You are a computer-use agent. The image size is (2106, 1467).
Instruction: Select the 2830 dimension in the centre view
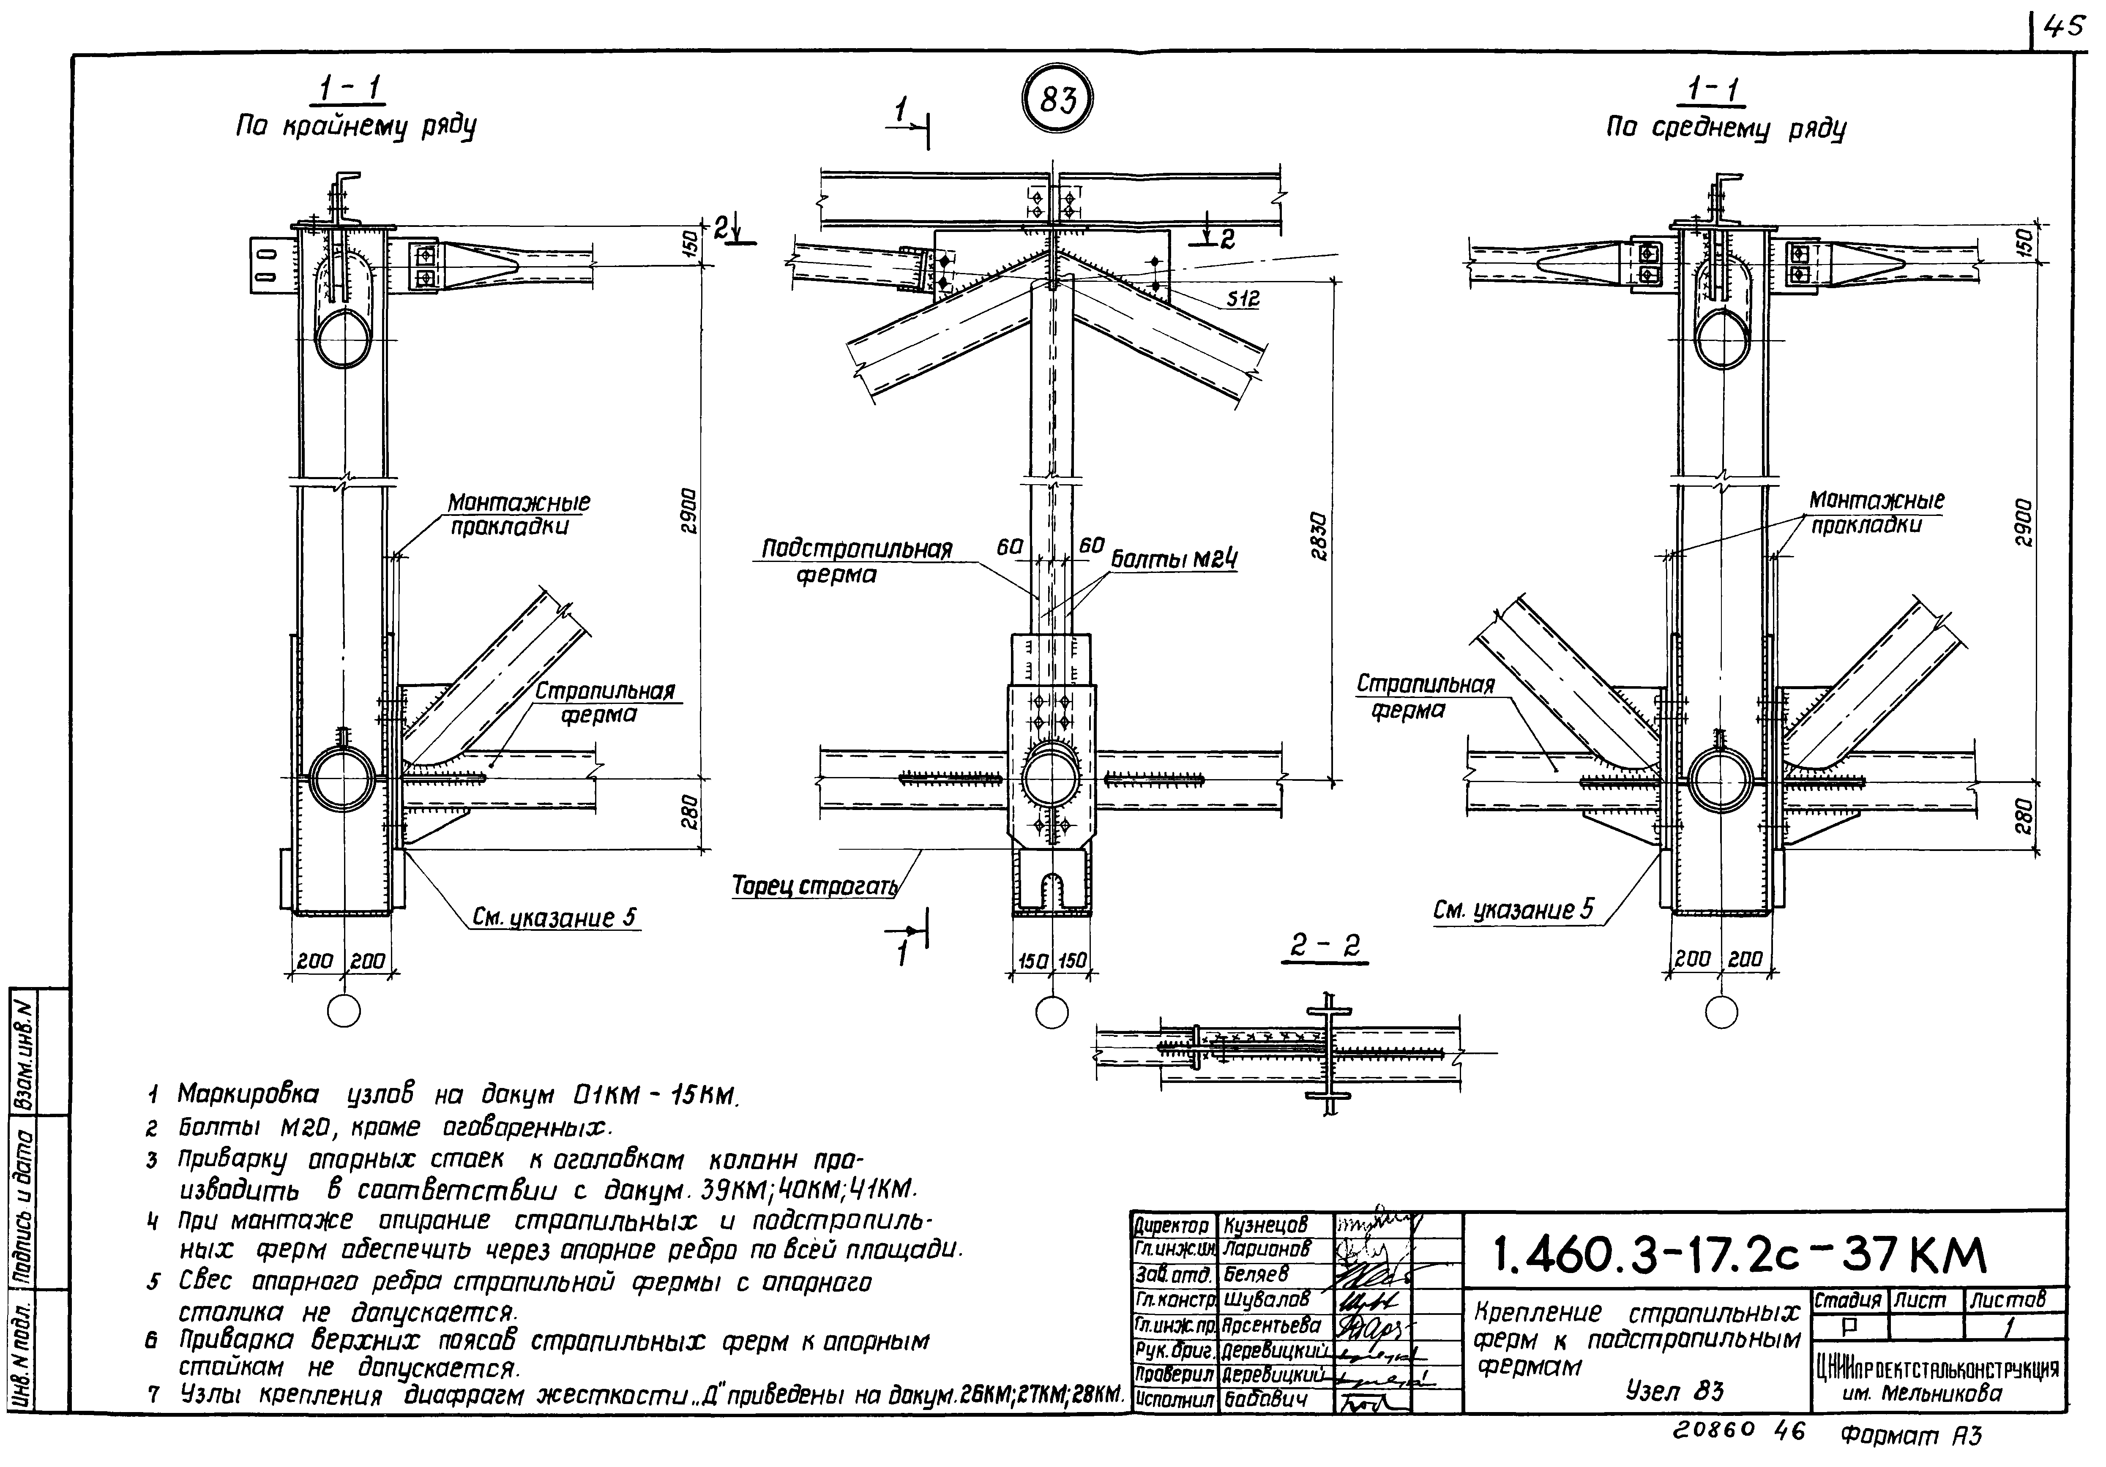[1318, 536]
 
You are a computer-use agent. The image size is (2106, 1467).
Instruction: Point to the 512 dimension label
[1243, 299]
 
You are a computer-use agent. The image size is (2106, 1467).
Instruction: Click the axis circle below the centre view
[1052, 1012]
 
